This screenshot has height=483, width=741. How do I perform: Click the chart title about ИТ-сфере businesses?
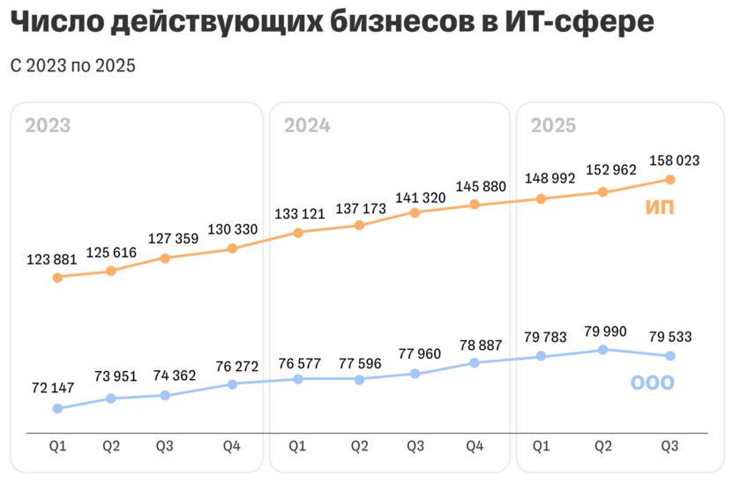333,24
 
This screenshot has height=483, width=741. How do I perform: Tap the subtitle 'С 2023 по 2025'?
73,66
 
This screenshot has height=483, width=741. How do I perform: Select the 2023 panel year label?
48,125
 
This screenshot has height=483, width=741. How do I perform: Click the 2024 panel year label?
307,125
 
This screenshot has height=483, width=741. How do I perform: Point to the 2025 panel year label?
553,125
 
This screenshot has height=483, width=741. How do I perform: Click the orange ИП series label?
660,208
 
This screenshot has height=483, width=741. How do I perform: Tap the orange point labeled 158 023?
670,180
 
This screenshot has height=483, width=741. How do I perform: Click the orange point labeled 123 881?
57,278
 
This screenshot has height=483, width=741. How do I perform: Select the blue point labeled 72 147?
57,408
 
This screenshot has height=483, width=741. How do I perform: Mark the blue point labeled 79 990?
603,350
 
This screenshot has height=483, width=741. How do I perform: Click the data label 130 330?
232,230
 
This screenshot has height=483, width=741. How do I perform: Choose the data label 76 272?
232,365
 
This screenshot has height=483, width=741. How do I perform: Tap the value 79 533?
670,336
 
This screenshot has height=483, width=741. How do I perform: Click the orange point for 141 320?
415,212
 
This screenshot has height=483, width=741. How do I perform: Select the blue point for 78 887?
474,362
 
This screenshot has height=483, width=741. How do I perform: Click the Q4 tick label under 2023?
232,448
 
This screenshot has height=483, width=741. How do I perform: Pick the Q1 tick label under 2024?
298,448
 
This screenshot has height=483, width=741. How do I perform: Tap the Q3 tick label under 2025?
670,448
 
